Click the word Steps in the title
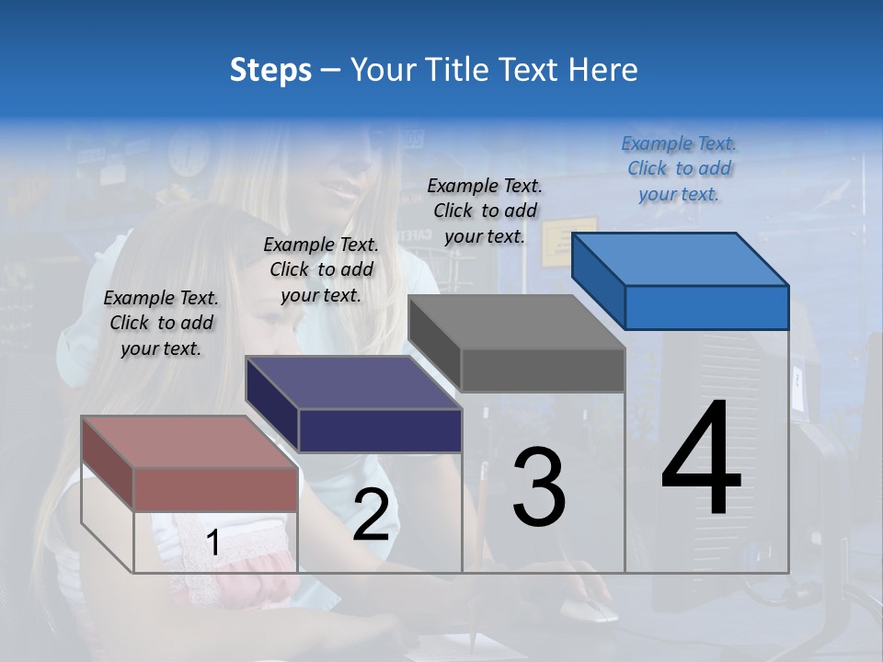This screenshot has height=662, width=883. [x=270, y=70]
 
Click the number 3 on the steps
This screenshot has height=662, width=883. [x=539, y=487]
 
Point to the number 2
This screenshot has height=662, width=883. [x=371, y=515]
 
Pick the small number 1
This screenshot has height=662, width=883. [x=212, y=543]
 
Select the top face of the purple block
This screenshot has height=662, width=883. [x=353, y=382]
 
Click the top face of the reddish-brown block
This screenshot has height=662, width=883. [x=189, y=442]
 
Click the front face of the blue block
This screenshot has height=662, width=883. [x=706, y=307]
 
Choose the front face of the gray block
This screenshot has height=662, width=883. [x=543, y=371]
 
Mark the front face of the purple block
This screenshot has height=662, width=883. [x=380, y=430]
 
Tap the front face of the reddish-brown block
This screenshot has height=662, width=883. [x=216, y=489]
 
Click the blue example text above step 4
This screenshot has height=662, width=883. [x=679, y=168]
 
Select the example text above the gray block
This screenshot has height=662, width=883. [x=485, y=211]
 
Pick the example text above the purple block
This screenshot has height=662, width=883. [x=321, y=269]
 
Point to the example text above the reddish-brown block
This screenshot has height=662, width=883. [x=161, y=323]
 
